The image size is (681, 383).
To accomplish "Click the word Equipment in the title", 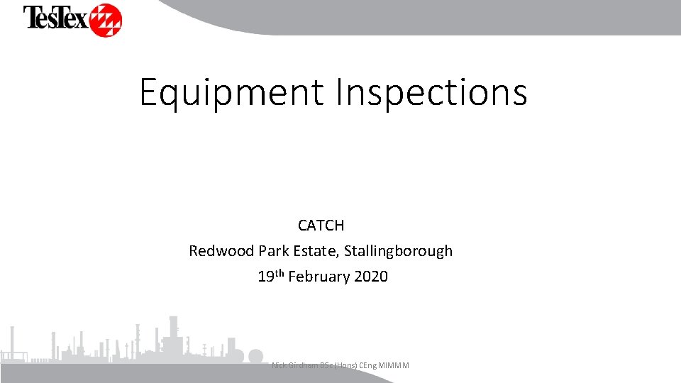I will pyautogui.click(x=232, y=92).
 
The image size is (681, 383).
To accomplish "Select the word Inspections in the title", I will pyautogui.click(x=431, y=92).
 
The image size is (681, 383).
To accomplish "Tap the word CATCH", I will pyautogui.click(x=321, y=226).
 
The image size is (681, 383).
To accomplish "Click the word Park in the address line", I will pyautogui.click(x=274, y=251).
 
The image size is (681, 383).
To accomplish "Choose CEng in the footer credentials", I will pyautogui.click(x=370, y=365).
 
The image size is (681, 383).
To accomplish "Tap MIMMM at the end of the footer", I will pyautogui.click(x=396, y=365).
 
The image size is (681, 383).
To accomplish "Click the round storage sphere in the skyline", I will pyautogui.click(x=254, y=357).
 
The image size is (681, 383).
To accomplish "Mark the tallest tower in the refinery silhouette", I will pyautogui.click(x=172, y=333).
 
